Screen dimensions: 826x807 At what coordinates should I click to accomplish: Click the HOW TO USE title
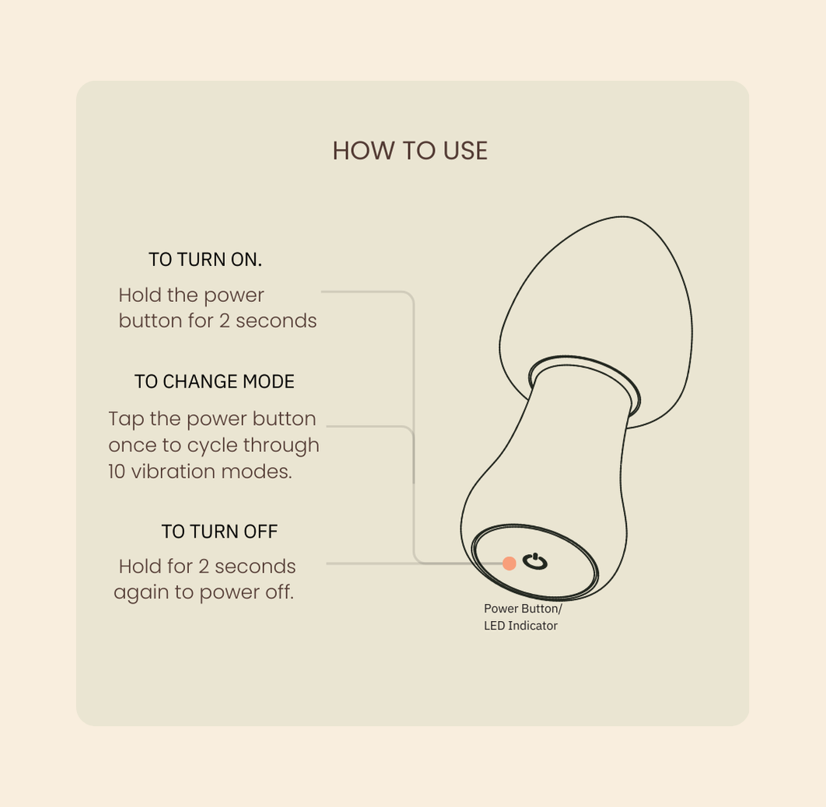(x=410, y=151)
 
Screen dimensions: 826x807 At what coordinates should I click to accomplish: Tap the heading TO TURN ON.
(x=205, y=259)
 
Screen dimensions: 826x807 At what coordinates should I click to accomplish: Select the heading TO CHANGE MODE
(x=215, y=381)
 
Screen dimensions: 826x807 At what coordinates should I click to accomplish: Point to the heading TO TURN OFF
(x=219, y=532)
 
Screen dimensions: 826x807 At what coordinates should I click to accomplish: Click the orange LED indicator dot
(x=509, y=563)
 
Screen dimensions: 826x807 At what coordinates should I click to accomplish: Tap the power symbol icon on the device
(x=534, y=562)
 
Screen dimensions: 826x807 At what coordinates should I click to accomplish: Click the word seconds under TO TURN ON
(x=276, y=321)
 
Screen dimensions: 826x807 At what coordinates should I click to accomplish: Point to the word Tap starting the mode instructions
(x=126, y=419)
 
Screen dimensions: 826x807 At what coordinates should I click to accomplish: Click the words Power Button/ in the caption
(x=523, y=609)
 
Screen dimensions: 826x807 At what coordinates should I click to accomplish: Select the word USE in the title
(x=465, y=151)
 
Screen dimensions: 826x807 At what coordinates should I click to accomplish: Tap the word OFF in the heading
(x=261, y=532)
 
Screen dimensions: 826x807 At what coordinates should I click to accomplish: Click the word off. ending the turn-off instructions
(x=279, y=592)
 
